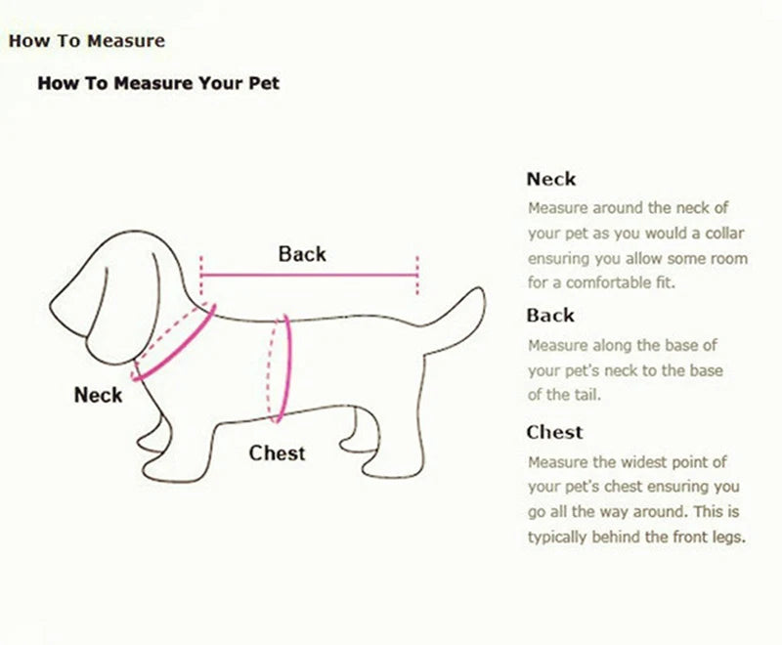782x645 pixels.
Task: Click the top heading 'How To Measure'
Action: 87,41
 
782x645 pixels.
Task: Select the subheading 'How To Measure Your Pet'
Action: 158,83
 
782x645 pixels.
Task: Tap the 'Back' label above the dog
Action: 302,254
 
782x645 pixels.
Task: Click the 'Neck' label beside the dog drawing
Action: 99,395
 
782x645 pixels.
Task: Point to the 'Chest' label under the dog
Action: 277,453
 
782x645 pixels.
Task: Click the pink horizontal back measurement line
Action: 309,276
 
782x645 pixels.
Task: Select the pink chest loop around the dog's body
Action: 283,369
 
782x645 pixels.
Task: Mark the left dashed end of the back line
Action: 201,276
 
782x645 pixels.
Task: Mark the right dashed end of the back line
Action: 417,276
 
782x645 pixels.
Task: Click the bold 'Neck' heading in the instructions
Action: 551,179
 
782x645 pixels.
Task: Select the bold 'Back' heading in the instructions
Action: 550,316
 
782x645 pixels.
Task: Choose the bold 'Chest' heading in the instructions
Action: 554,432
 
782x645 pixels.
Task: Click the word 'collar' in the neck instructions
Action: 708,234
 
